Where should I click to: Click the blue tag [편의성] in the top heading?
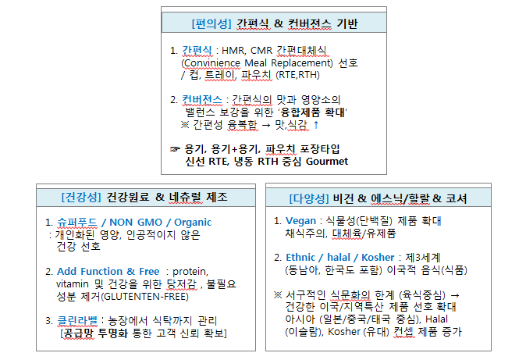coord(208,23)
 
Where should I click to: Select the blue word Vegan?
coord(301,221)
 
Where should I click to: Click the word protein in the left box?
coord(197,271)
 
